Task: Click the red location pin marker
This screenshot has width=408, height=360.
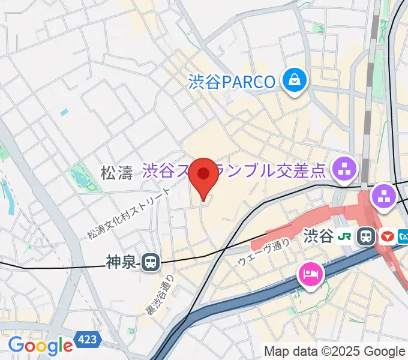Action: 204,176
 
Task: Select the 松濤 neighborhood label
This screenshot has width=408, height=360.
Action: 116,174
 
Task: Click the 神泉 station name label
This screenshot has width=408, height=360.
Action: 122,261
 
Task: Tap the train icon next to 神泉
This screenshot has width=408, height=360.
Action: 151,261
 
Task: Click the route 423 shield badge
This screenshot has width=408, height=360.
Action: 87,341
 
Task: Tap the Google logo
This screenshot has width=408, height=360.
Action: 40,346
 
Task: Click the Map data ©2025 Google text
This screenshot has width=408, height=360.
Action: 335,351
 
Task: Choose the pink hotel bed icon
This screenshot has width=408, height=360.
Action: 311,275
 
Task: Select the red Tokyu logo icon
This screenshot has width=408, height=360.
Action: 386,236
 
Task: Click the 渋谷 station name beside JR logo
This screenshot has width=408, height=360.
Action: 319,236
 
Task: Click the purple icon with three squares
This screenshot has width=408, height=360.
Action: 383,195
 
